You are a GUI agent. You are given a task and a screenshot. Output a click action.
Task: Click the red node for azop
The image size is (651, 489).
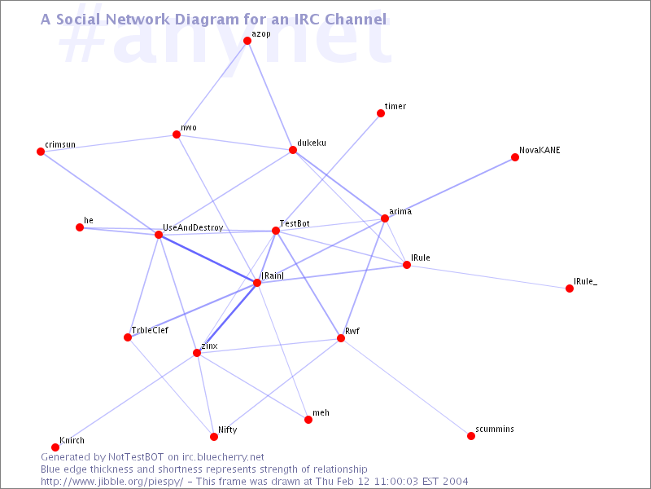point(247,40)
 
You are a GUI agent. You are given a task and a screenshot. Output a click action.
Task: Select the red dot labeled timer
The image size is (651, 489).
point(381,113)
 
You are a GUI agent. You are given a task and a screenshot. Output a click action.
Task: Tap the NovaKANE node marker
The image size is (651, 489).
point(515,157)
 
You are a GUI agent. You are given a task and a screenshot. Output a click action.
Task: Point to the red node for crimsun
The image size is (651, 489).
point(41,152)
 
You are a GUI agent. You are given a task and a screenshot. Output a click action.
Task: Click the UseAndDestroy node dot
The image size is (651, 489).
point(159,235)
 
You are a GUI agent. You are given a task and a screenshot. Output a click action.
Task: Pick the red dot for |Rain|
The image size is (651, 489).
point(257,283)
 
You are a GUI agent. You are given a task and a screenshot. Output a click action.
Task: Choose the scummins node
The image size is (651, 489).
point(471,436)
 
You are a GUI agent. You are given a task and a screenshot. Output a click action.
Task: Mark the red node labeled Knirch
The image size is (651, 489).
point(55,447)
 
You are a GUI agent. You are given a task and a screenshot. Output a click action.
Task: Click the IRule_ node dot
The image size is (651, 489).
point(570,289)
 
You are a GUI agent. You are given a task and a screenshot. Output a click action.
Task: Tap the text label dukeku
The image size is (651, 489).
point(312,143)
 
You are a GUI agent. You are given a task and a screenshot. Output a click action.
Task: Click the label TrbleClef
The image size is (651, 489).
point(150,330)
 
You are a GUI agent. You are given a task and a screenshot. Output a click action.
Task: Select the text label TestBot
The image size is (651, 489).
point(295,223)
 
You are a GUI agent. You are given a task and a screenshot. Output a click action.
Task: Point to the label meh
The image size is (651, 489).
point(321,412)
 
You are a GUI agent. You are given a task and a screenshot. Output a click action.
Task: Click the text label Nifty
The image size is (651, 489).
point(228,430)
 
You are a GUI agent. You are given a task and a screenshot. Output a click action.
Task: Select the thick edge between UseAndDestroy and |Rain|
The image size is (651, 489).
point(208,258)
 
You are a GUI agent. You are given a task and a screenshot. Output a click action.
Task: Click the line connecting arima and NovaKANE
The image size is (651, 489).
point(450,188)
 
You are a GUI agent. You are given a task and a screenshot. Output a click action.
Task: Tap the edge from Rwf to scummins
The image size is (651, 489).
point(405,387)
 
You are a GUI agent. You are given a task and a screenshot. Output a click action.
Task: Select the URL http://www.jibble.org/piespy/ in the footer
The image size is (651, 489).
point(111,482)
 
